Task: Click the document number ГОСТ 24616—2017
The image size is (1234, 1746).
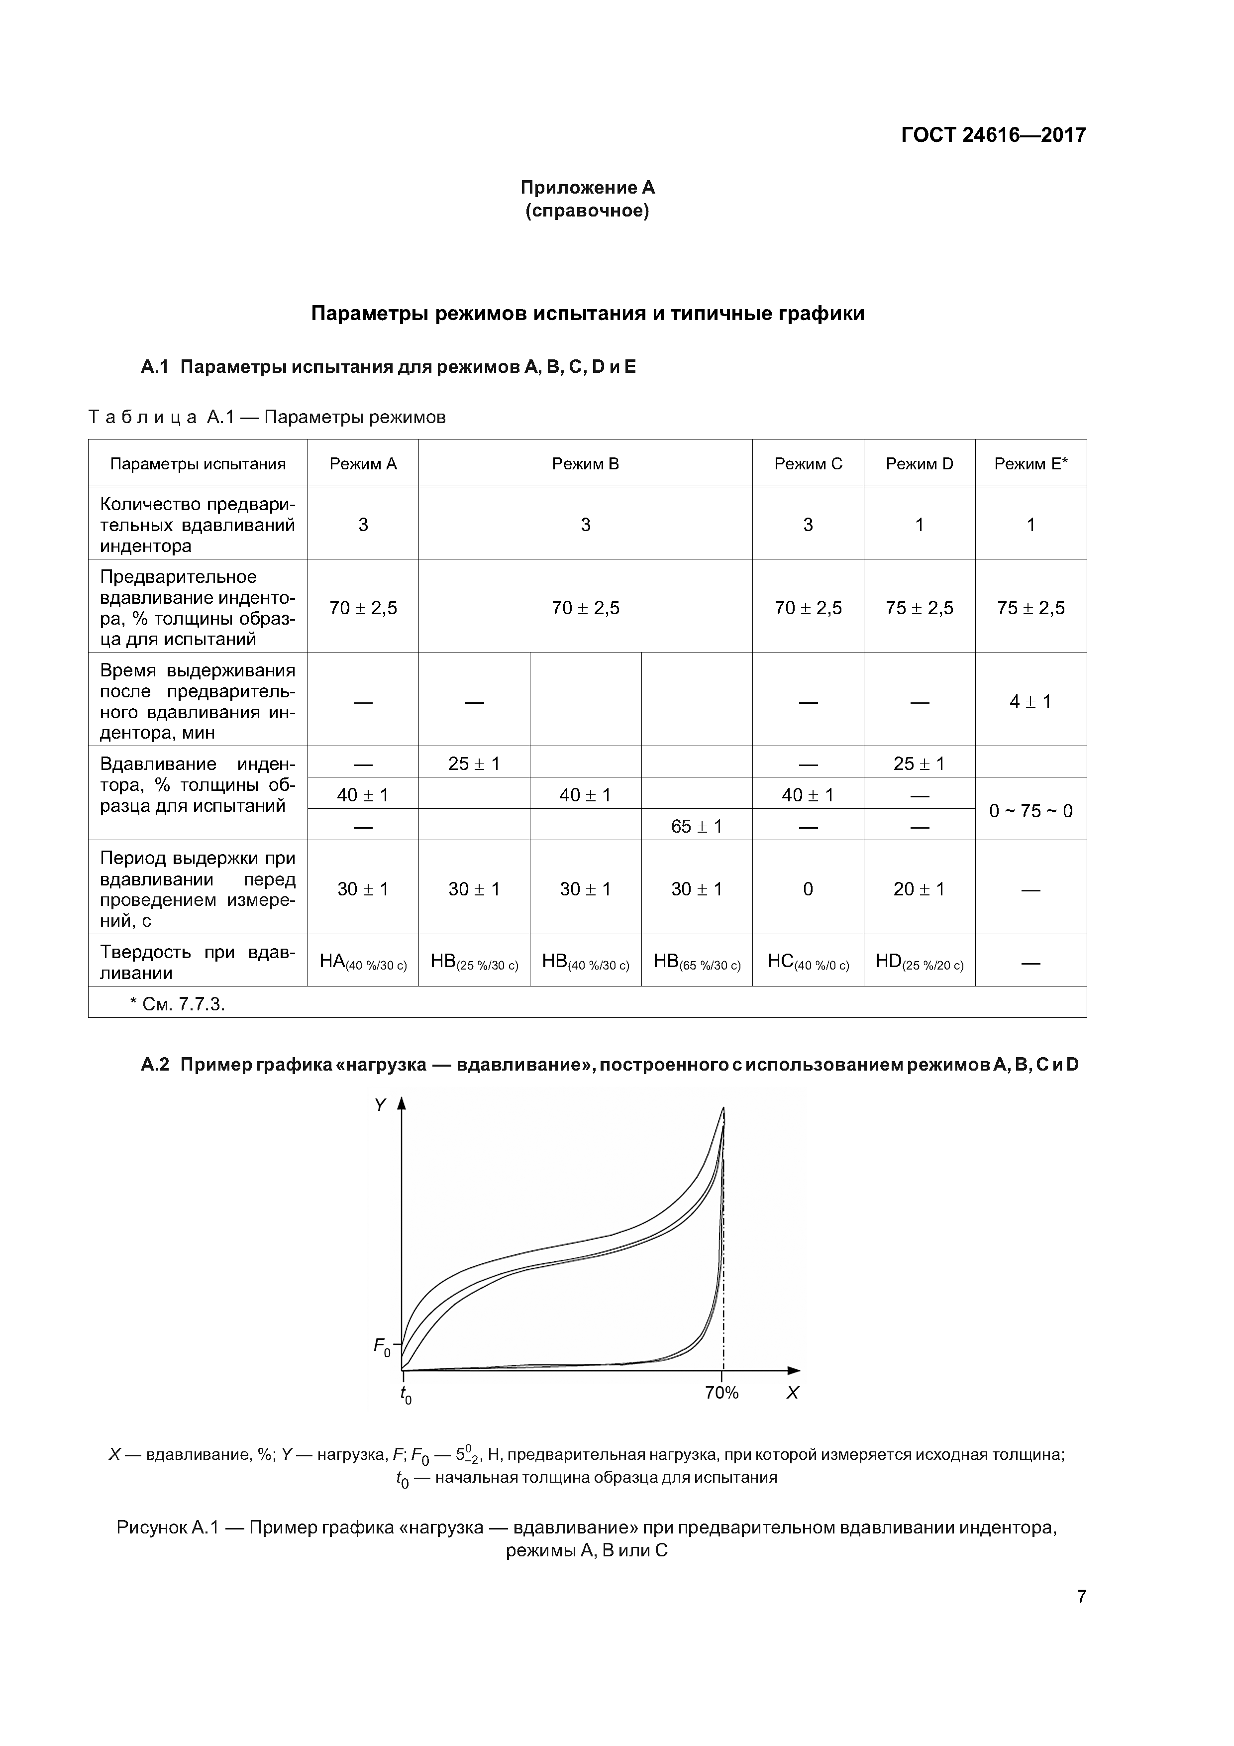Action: click(x=993, y=135)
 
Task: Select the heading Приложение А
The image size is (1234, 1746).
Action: click(x=587, y=187)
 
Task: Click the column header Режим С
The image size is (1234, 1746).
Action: click(x=808, y=464)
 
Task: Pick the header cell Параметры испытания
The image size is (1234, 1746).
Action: click(x=198, y=464)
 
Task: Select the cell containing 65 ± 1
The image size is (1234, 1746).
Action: click(x=697, y=826)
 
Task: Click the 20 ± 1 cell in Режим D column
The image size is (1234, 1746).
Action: click(x=919, y=889)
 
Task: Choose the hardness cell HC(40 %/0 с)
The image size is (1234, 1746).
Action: click(x=808, y=962)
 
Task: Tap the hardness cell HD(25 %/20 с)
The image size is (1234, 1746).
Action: click(x=919, y=962)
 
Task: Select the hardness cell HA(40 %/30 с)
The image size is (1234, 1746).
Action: click(x=363, y=962)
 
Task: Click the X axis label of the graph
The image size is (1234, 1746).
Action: click(x=792, y=1393)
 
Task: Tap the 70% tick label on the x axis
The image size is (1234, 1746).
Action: click(x=721, y=1393)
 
